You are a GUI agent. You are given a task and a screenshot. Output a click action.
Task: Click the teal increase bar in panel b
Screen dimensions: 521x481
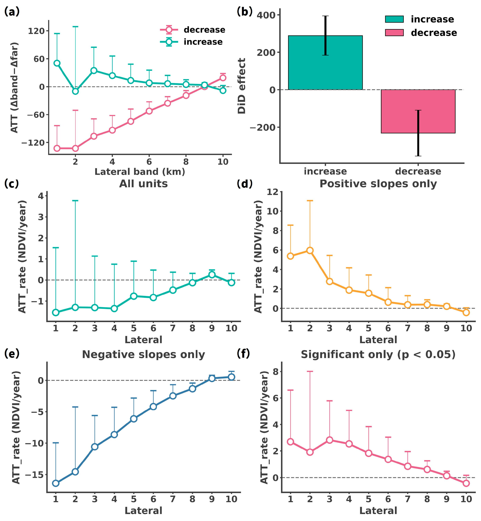[325, 62]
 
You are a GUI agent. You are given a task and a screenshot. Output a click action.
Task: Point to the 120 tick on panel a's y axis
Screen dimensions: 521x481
[36, 31]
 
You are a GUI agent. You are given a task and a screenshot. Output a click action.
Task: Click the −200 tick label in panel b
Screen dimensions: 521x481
[263, 127]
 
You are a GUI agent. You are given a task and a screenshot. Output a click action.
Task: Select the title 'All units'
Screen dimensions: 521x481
[143, 184]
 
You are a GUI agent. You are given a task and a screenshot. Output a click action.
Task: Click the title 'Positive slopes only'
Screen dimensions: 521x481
[378, 184]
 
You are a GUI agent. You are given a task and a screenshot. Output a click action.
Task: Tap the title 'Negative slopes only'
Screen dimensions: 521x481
[143, 355]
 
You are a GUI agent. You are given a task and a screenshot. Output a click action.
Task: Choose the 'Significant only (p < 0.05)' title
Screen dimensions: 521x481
[378, 355]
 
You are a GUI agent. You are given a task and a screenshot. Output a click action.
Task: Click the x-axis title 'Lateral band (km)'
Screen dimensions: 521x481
[140, 172]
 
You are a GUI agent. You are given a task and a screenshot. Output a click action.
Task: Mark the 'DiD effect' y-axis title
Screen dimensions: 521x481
[242, 86]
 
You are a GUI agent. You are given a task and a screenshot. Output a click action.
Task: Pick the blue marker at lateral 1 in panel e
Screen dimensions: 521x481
[56, 483]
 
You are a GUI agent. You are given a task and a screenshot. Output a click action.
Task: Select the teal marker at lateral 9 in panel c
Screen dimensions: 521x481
[212, 274]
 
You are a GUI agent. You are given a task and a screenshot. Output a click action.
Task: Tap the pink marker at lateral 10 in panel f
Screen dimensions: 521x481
[466, 483]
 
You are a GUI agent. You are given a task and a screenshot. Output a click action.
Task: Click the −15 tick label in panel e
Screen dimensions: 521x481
[35, 474]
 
